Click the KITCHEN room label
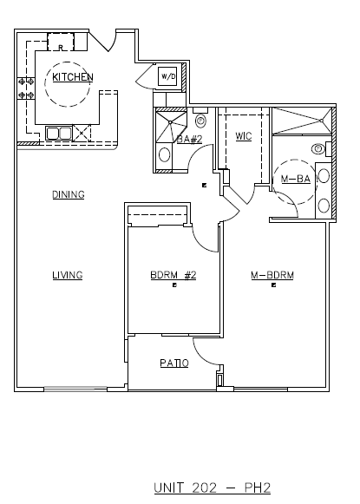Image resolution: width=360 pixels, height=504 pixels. point(73,77)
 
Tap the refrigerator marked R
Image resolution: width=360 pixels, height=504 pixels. point(62,41)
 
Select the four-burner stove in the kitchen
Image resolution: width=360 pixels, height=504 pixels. point(26,88)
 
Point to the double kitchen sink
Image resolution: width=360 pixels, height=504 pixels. point(58,133)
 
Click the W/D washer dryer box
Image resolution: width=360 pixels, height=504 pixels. point(167,77)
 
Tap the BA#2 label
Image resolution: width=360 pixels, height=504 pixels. point(189,138)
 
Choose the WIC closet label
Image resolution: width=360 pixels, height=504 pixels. point(243,136)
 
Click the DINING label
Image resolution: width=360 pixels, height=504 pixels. point(68,194)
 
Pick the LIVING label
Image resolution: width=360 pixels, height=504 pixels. point(67,275)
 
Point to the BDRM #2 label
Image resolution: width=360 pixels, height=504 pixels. point(173,275)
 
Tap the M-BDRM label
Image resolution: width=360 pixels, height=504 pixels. point(272,275)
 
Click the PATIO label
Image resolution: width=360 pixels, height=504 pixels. point(173,363)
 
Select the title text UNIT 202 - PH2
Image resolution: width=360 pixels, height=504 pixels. point(212,488)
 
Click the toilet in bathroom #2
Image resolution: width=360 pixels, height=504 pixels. point(201,121)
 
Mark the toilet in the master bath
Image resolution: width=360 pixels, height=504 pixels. point(319,148)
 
